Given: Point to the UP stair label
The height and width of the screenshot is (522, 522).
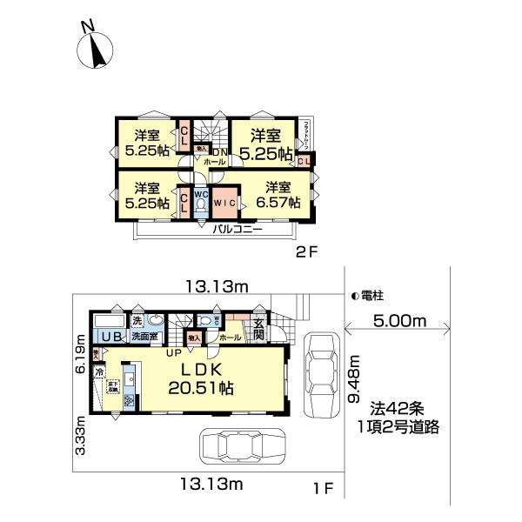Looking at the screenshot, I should tap(174, 352).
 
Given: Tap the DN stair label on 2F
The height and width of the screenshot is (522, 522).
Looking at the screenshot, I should tap(218, 152).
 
